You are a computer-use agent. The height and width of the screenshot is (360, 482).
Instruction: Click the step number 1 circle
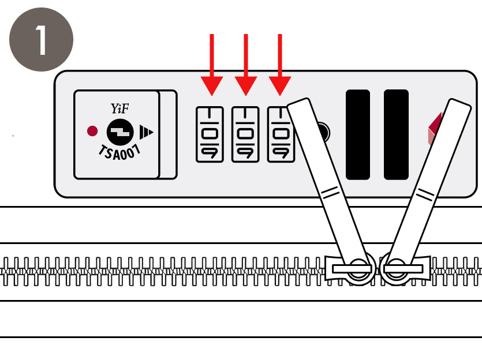coord(41,40)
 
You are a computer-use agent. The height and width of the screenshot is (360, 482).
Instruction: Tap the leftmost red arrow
coord(212,65)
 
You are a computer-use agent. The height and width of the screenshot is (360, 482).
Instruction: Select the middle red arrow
coord(246,65)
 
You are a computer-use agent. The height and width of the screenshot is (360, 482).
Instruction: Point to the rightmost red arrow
coord(280,65)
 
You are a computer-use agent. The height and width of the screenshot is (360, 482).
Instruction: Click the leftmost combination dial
coord(210,134)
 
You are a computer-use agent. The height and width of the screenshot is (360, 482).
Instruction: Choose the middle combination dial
coord(245,134)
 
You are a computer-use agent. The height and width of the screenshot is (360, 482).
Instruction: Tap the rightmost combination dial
coord(281,134)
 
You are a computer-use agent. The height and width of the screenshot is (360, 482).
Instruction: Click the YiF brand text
coord(119,108)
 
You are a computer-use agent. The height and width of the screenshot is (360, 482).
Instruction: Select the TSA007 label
coord(119,152)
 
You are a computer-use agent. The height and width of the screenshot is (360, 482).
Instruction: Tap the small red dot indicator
coord(92,131)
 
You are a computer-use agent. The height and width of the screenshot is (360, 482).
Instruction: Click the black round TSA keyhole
coord(120,132)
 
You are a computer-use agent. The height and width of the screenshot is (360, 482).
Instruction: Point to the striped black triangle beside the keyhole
coord(146,132)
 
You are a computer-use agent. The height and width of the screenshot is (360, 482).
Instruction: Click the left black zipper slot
coord(358,134)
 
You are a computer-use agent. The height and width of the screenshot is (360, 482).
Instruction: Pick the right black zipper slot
coord(396,134)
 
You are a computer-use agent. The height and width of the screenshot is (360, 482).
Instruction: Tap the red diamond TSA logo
coord(435,129)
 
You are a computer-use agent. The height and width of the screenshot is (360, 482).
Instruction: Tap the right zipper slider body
coord(405,269)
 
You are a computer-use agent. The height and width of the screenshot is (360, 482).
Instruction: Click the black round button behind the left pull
coord(324,133)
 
